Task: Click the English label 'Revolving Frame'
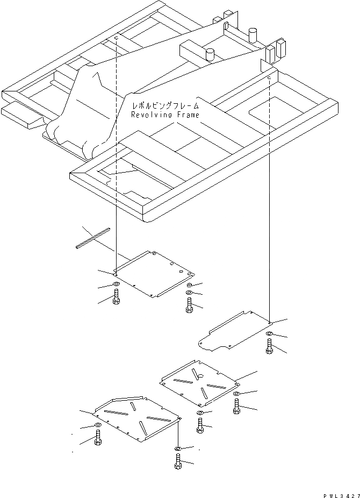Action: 165,115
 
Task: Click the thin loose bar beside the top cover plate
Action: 92,238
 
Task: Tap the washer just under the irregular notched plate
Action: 269,336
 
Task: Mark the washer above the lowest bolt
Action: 178,448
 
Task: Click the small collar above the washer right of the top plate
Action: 189,284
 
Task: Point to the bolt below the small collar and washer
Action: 189,307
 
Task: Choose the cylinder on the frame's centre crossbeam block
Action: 210,54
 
